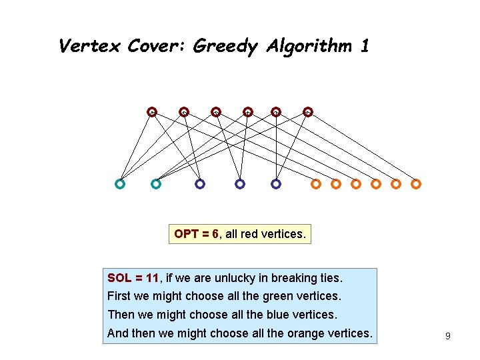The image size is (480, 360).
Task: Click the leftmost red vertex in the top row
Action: pyautogui.click(x=152, y=111)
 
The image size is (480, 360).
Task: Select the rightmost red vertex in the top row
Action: pyautogui.click(x=308, y=111)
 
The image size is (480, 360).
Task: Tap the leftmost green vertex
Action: pyautogui.click(x=120, y=183)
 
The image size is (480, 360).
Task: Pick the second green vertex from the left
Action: pyautogui.click(x=156, y=183)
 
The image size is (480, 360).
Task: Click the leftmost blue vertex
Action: pyautogui.click(x=200, y=183)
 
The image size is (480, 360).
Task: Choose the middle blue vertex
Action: pyautogui.click(x=240, y=183)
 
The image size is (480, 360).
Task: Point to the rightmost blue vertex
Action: pyautogui.click(x=276, y=183)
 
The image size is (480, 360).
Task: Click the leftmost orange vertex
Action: pyautogui.click(x=316, y=183)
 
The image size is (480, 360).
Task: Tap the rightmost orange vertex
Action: pyautogui.click(x=416, y=183)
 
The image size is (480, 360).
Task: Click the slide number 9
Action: pyautogui.click(x=448, y=336)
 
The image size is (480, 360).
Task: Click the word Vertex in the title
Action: pyautogui.click(x=89, y=46)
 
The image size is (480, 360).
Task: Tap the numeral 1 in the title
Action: pyautogui.click(x=364, y=46)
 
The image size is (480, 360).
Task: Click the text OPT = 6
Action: pyautogui.click(x=197, y=234)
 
